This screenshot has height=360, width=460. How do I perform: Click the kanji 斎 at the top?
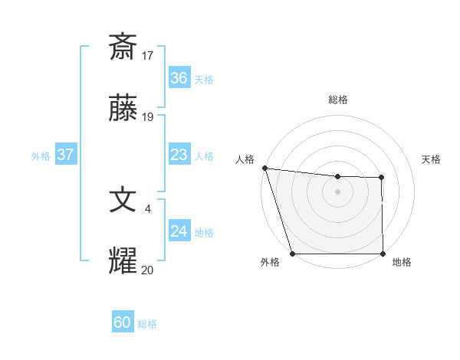[x=123, y=47]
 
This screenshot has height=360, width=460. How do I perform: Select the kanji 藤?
[x=123, y=110]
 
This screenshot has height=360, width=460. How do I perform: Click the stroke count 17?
[x=148, y=56]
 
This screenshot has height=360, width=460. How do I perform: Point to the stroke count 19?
[x=148, y=118]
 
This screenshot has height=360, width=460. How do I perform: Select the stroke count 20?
[x=148, y=270]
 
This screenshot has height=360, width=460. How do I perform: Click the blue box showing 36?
[x=179, y=78]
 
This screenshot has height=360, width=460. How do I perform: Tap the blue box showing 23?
[x=179, y=155]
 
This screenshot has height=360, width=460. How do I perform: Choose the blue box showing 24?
[x=179, y=231]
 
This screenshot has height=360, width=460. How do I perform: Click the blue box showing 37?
[x=65, y=155]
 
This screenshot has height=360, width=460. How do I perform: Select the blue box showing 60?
[x=123, y=322]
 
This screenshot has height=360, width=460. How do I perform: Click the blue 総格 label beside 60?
[x=147, y=324]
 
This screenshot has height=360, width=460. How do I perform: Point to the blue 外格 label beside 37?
[x=41, y=156]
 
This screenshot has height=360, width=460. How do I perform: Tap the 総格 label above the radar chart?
[x=337, y=100]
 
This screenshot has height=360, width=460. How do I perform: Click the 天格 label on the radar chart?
[x=432, y=159]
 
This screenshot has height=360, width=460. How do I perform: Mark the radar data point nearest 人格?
[x=264, y=168]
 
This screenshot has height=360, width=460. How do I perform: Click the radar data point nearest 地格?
[x=383, y=254]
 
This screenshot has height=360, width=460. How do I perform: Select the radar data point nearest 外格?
[x=292, y=254]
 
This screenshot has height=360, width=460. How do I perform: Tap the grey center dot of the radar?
[x=337, y=191]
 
